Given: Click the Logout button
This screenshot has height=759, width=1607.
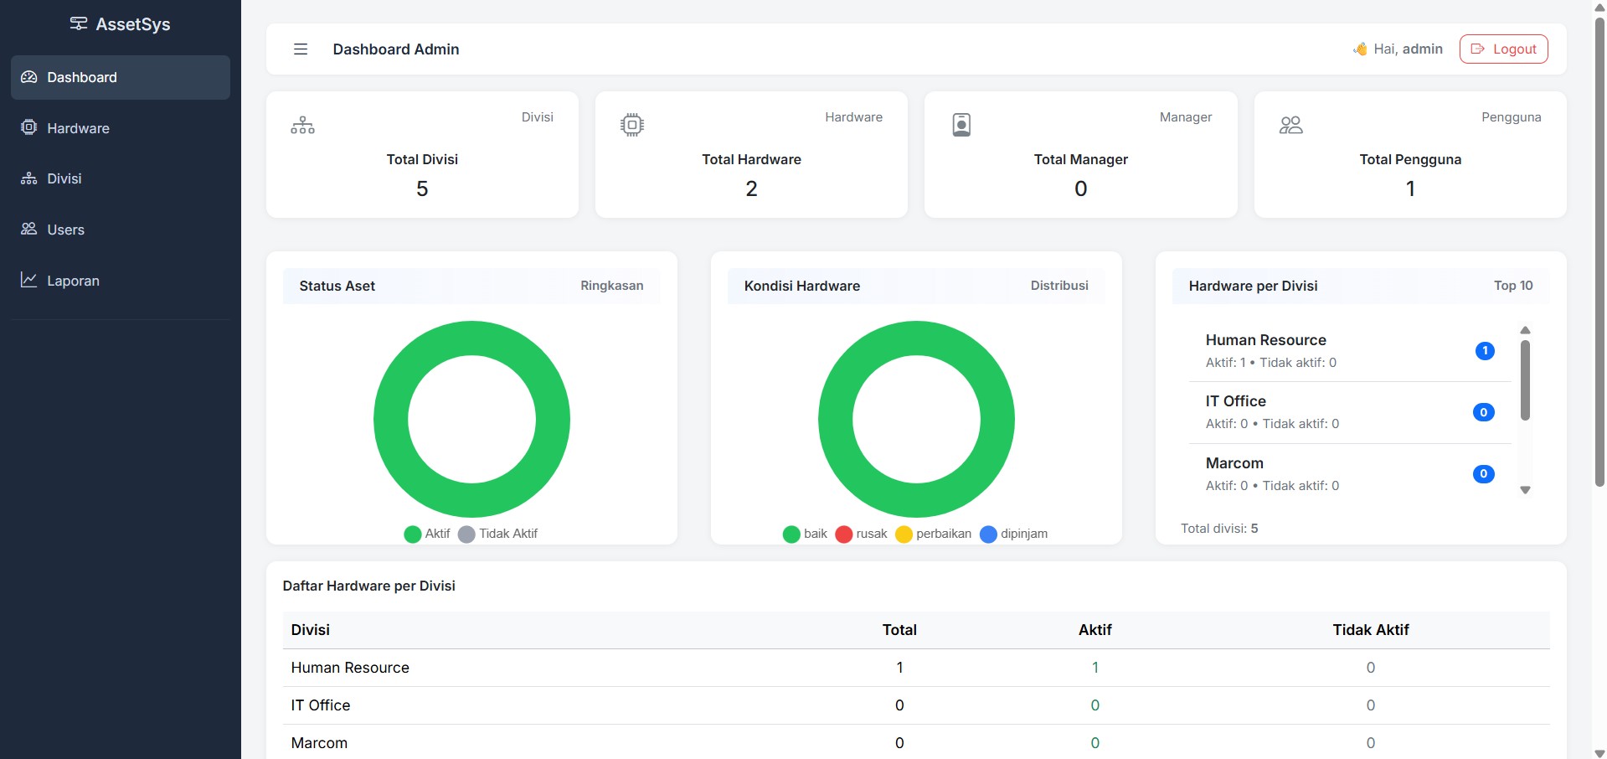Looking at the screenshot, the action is click(1503, 49).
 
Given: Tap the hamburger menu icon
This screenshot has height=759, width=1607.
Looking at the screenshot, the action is click(301, 49).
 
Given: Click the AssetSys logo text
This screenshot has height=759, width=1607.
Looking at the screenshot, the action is click(133, 24).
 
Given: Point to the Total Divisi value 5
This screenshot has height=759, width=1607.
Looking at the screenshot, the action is click(422, 189).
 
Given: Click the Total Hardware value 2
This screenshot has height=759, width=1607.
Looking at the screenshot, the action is click(751, 189).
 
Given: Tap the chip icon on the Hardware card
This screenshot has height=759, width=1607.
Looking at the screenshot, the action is click(632, 125).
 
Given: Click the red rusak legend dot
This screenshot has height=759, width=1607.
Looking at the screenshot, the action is click(844, 534).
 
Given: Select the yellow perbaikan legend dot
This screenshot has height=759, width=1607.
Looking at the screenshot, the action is click(904, 534).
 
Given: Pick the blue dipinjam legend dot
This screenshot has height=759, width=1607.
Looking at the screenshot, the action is click(988, 534).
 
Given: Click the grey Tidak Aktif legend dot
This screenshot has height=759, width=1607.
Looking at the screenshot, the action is click(466, 534).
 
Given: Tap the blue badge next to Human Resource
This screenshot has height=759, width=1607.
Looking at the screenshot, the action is click(1485, 351).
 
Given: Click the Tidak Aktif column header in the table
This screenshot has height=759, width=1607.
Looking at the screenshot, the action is click(1371, 630).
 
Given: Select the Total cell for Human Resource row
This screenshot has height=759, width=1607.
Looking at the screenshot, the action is click(899, 668).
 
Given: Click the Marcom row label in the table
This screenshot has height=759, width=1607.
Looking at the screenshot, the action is click(319, 743).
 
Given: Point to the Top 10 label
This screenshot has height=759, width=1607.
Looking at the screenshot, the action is click(1513, 286).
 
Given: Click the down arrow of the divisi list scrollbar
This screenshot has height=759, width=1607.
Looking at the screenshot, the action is click(1526, 491).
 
